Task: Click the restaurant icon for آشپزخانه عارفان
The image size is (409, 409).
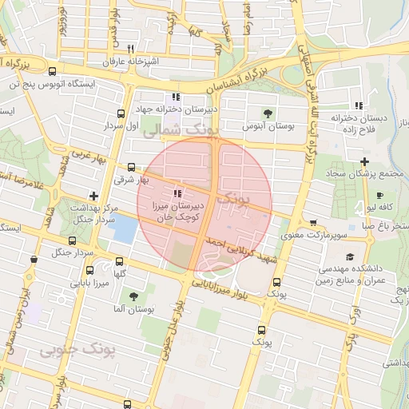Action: click(141, 48)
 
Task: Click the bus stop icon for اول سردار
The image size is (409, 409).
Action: click(121, 113)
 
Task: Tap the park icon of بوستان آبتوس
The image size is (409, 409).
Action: click(268, 113)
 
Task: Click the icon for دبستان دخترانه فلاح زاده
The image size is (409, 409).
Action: click(359, 105)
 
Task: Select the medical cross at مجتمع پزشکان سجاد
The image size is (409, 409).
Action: click(364, 161)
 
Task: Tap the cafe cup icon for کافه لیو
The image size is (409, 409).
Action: click(379, 194)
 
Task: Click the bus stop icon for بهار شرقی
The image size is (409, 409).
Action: click(129, 167)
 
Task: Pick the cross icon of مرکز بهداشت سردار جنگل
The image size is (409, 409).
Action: click(94, 195)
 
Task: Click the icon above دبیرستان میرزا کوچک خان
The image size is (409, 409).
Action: click(177, 193)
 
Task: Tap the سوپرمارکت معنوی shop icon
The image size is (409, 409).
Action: click(313, 223)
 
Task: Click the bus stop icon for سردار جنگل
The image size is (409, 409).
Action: click(33, 260)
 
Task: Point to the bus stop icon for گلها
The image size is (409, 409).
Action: click(119, 261)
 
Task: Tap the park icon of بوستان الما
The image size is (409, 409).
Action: click(133, 296)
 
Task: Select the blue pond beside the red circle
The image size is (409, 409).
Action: click(123, 229)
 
